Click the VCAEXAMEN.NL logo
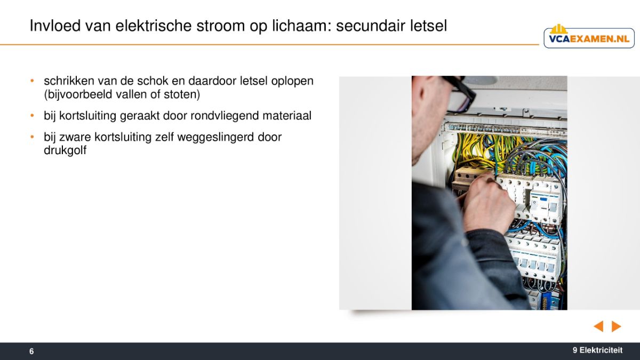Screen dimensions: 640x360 589,37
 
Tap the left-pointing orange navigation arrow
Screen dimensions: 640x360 598,326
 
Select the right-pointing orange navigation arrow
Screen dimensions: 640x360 617,326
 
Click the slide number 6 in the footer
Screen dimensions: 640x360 31,351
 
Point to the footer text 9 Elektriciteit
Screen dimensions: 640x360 597,350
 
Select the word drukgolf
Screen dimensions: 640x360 65,150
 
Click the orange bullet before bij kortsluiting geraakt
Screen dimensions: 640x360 32,116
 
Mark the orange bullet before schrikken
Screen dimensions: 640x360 32,81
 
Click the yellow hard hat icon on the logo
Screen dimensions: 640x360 558,29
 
